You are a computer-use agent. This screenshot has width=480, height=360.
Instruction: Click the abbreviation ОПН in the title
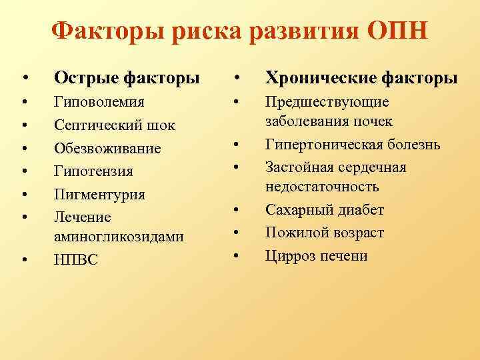pyautogui.click(x=396, y=31)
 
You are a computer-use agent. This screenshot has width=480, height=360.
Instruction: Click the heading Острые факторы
pyautogui.click(x=127, y=78)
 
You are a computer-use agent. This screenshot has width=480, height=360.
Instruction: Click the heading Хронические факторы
pyautogui.click(x=361, y=78)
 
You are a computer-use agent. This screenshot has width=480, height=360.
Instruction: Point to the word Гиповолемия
pyautogui.click(x=99, y=103)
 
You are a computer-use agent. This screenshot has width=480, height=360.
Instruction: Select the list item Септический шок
pyautogui.click(x=114, y=126)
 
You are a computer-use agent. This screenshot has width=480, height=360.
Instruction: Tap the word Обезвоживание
pyautogui.click(x=107, y=149)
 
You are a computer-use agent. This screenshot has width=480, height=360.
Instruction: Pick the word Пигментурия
pyautogui.click(x=99, y=195)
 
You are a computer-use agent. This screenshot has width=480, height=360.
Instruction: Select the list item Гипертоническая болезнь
pyautogui.click(x=353, y=145)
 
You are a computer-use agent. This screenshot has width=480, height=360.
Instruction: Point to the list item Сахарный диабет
pyautogui.click(x=325, y=210)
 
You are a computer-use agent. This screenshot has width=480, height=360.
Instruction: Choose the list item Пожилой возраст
pyautogui.click(x=325, y=233)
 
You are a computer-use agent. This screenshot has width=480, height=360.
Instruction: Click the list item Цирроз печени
pyautogui.click(x=317, y=255)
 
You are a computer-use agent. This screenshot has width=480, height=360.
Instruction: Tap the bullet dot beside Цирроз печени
pyautogui.click(x=237, y=256)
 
